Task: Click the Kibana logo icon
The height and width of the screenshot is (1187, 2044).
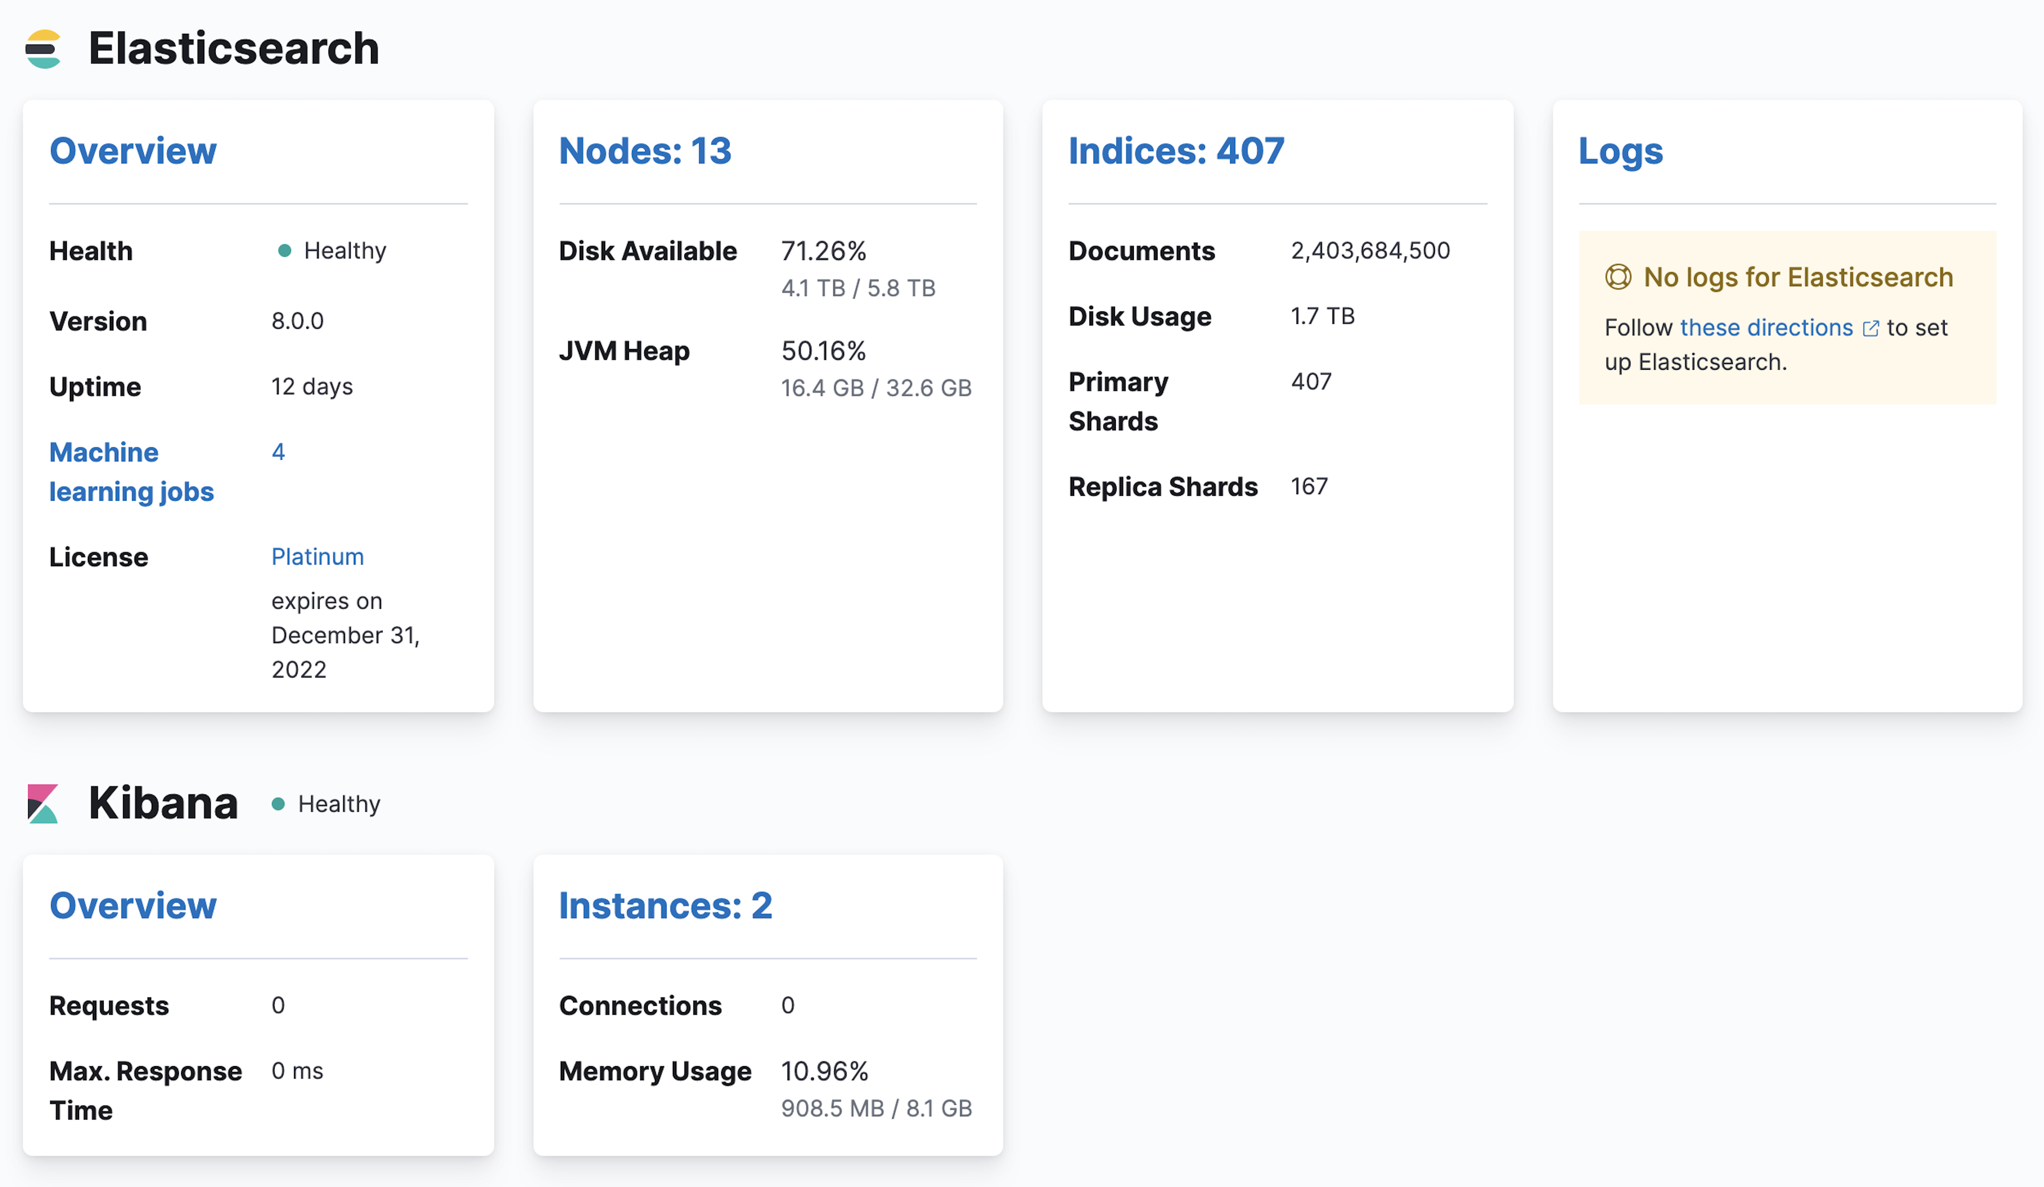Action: coord(43,803)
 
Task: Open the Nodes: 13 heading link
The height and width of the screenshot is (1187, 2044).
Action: coord(645,151)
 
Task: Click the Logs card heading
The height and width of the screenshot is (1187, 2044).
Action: coord(1620,151)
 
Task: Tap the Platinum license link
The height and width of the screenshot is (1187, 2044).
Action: coord(317,557)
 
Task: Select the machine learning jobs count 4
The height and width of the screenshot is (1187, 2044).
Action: coord(278,452)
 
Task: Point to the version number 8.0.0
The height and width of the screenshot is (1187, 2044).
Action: coord(297,321)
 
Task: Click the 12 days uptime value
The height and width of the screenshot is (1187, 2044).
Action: coord(312,386)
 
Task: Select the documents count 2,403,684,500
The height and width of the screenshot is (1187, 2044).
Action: coord(1370,251)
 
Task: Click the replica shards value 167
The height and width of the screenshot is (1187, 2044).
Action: coord(1309,486)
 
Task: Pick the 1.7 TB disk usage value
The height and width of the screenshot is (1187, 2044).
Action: coord(1322,316)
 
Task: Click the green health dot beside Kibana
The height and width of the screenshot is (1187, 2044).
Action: coord(278,804)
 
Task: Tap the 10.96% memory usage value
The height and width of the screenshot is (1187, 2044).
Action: coord(824,1071)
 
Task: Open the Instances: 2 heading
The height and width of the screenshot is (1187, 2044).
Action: coord(665,906)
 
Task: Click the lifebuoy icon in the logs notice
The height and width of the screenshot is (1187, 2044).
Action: coord(1617,277)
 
